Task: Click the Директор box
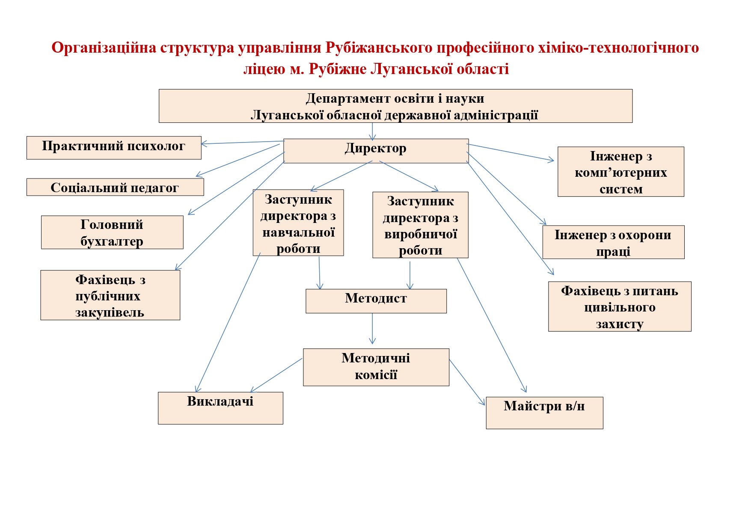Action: (x=376, y=151)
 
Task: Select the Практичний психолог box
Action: (x=114, y=148)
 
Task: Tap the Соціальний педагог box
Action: (x=115, y=187)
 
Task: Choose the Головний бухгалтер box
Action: (x=112, y=232)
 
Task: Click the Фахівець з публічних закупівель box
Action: (x=110, y=295)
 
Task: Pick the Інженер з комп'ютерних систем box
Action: (x=621, y=172)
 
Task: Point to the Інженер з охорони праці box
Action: (x=613, y=242)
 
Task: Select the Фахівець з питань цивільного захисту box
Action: (x=620, y=306)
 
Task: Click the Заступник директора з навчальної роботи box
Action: (x=298, y=222)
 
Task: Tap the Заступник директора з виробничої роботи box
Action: (x=420, y=225)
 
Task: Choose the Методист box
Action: (x=376, y=301)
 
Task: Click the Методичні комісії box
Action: (x=376, y=367)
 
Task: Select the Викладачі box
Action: (x=220, y=408)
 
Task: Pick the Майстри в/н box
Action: (x=544, y=413)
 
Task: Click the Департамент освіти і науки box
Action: (x=395, y=106)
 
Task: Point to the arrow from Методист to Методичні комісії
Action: (x=372, y=329)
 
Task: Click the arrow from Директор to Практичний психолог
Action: (x=243, y=142)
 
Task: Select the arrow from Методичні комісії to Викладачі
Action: (x=276, y=375)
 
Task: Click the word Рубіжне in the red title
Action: (x=338, y=69)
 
